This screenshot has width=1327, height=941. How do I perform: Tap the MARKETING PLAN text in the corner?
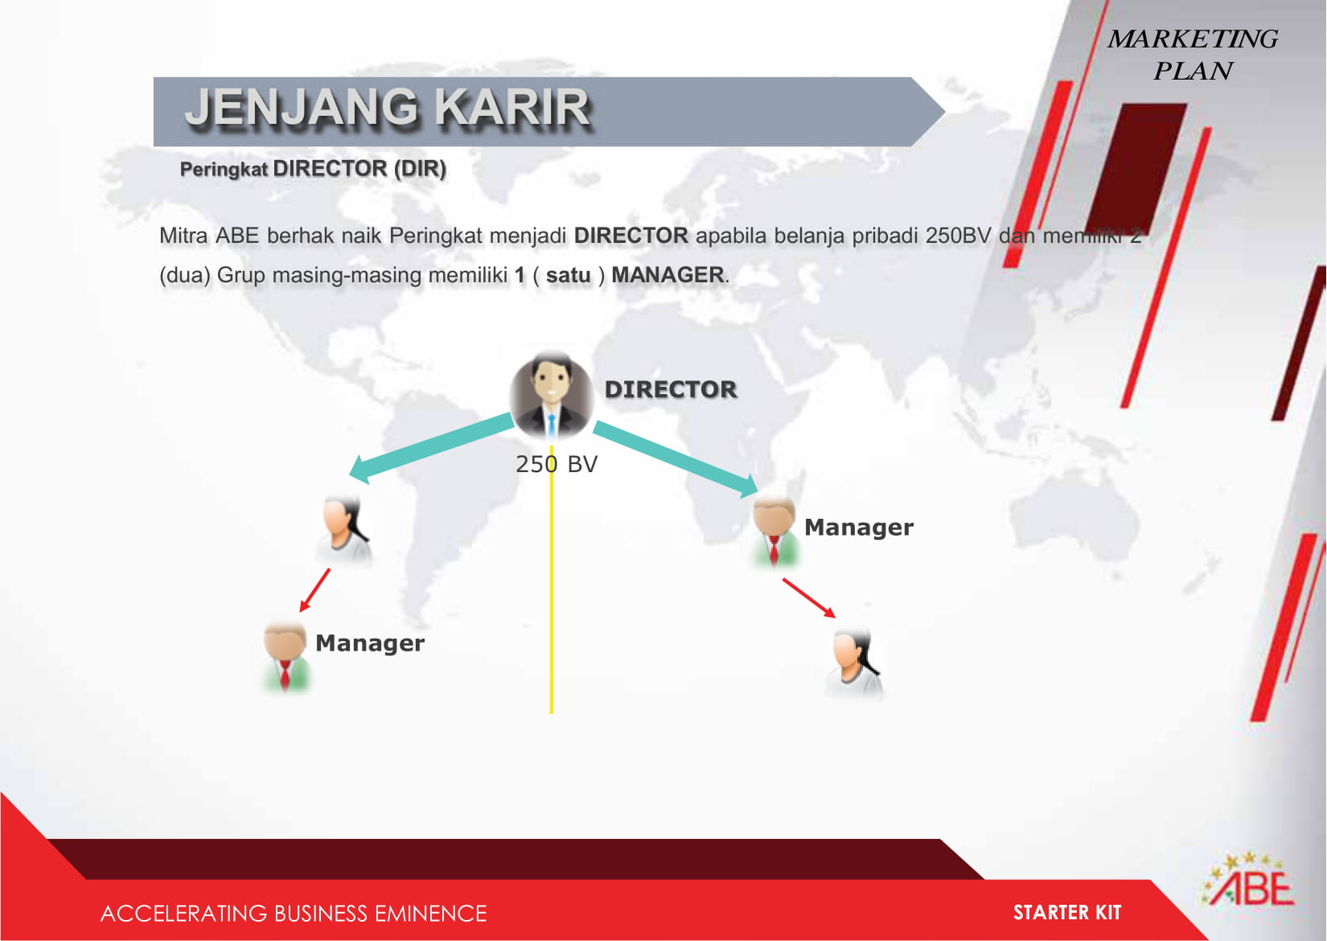point(1193,55)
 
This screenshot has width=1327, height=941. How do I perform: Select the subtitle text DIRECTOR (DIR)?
point(359,169)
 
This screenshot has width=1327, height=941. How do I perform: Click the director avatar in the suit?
point(552,395)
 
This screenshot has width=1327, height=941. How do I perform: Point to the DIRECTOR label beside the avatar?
point(671,389)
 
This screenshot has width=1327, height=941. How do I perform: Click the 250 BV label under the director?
point(557,464)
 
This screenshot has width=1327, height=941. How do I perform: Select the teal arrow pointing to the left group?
point(431,448)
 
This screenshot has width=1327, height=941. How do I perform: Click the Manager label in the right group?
point(858,527)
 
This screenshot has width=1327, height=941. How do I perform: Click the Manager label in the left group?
point(370,643)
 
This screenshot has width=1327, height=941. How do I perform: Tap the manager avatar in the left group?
point(285,656)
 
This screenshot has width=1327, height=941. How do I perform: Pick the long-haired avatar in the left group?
point(344,529)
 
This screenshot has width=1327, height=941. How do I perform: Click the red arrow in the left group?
point(314,590)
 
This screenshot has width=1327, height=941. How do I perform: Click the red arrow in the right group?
point(809,598)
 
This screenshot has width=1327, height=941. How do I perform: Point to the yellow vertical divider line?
point(552,580)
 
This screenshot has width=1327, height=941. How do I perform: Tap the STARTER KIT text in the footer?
point(1067,913)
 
